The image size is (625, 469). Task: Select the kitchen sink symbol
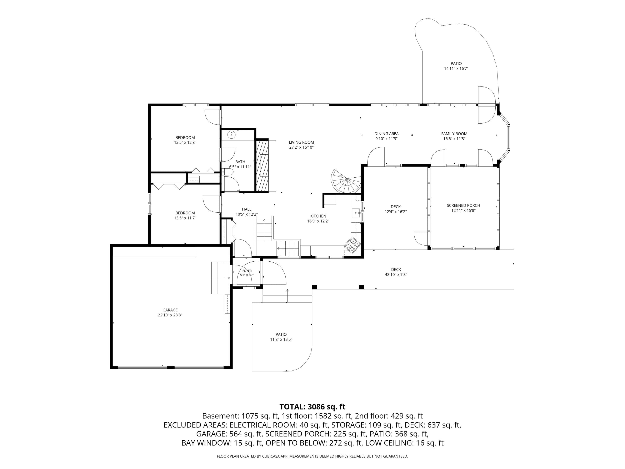(356, 213)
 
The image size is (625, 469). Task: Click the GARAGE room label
(170, 310)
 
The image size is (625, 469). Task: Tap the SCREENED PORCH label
(463, 206)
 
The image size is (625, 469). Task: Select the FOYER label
(247, 271)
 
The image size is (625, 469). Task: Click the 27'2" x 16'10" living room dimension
(301, 147)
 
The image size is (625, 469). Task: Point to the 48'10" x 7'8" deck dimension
(396, 275)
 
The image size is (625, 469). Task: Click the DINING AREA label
(386, 134)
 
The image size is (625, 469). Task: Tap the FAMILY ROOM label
(454, 134)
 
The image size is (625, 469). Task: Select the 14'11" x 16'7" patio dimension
(456, 68)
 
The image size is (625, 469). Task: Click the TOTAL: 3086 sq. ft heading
(312, 407)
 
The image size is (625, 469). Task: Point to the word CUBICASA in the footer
(271, 456)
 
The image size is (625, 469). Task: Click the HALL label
(247, 209)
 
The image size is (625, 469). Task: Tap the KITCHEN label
(318, 216)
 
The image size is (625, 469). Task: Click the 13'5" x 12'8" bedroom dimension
(185, 143)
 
